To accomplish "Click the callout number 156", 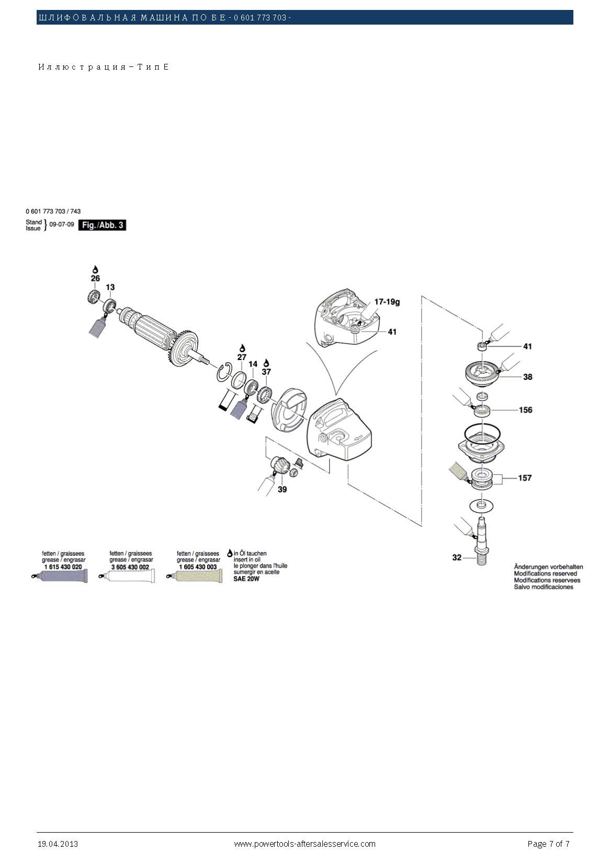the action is [x=525, y=410].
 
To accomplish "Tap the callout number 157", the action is [x=525, y=478].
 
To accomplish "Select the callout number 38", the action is [x=527, y=377].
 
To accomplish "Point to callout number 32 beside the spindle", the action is [x=457, y=557].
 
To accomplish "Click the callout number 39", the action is [x=283, y=489].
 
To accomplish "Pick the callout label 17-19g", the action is [x=387, y=301].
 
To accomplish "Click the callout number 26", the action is [x=95, y=278].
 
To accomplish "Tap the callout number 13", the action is [x=110, y=287].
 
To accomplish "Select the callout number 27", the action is [x=242, y=357].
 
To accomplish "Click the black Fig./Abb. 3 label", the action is [x=102, y=225].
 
